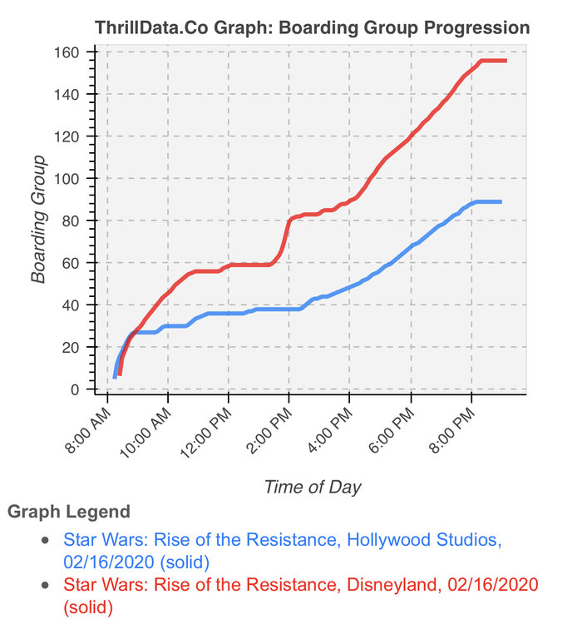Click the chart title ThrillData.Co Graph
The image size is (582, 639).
coord(312,27)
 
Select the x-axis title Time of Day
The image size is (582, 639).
coord(313,487)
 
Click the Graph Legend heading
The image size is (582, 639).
coord(68,511)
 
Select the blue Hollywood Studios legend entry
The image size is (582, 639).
coord(283,550)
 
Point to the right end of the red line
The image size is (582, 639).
coord(506,61)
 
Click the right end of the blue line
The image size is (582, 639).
coord(501,201)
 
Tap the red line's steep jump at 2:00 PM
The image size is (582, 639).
coord(287,233)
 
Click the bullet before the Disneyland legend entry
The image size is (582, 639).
coord(47,585)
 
